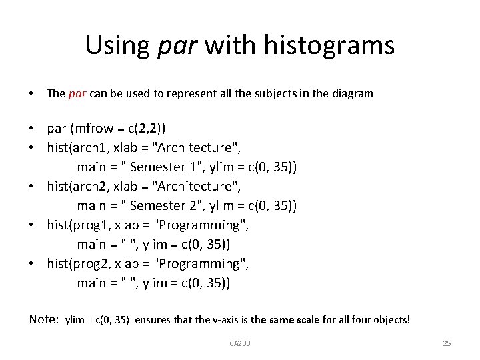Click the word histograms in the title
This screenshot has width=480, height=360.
(329, 45)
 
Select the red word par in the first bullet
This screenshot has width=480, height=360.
(77, 93)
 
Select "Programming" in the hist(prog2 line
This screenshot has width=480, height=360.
(200, 264)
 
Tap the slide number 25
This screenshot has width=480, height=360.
(447, 343)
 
